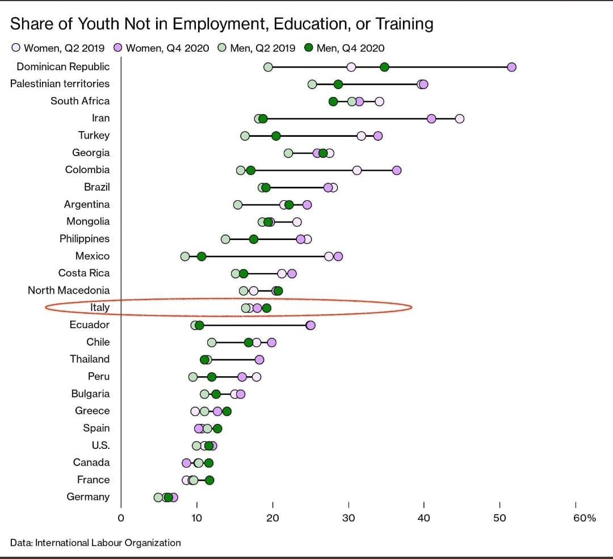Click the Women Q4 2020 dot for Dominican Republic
click(511, 67)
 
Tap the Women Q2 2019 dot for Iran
click(460, 119)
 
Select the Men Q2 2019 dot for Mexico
click(185, 257)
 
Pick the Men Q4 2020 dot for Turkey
click(276, 136)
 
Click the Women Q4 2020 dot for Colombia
click(397, 170)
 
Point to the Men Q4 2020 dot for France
click(209, 480)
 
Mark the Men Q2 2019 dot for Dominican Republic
click(268, 67)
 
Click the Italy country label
click(100, 308)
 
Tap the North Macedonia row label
click(69, 290)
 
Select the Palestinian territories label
click(60, 83)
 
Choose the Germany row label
click(88, 497)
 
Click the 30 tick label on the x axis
click(349, 518)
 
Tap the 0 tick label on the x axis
click(121, 518)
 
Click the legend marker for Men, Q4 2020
click(309, 48)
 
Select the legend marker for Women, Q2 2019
click(16, 48)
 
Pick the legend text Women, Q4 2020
click(167, 48)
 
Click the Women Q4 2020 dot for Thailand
click(259, 359)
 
